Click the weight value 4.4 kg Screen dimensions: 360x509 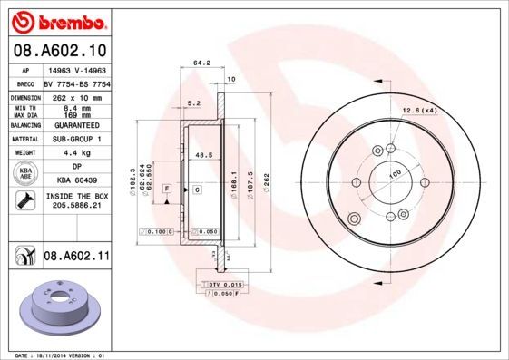[x=74, y=152]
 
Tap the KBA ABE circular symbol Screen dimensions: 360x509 [x=26, y=172]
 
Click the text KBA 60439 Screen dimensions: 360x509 [x=75, y=180]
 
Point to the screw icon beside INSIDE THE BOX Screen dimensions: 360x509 [x=25, y=201]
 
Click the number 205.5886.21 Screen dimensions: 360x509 [x=75, y=207]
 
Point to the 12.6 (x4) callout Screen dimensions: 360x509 [x=418, y=111]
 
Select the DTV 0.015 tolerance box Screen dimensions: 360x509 [x=223, y=286]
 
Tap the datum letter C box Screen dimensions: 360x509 [x=196, y=189]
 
